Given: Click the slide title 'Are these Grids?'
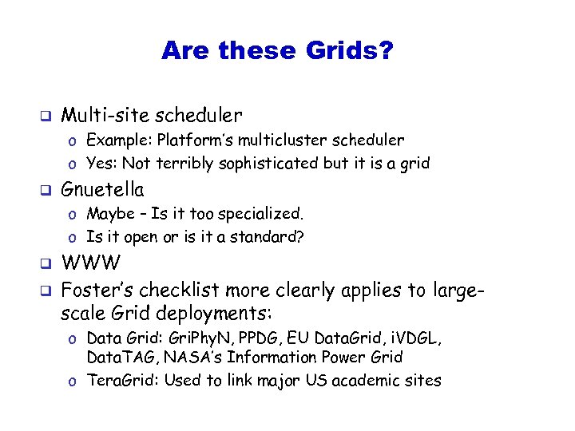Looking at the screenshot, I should [276, 51].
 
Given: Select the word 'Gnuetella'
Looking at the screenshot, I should [103, 190].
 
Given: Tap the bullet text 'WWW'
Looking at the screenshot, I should [91, 263].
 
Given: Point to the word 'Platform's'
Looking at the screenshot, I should [192, 140].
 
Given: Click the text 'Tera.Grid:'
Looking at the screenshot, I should [122, 381].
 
